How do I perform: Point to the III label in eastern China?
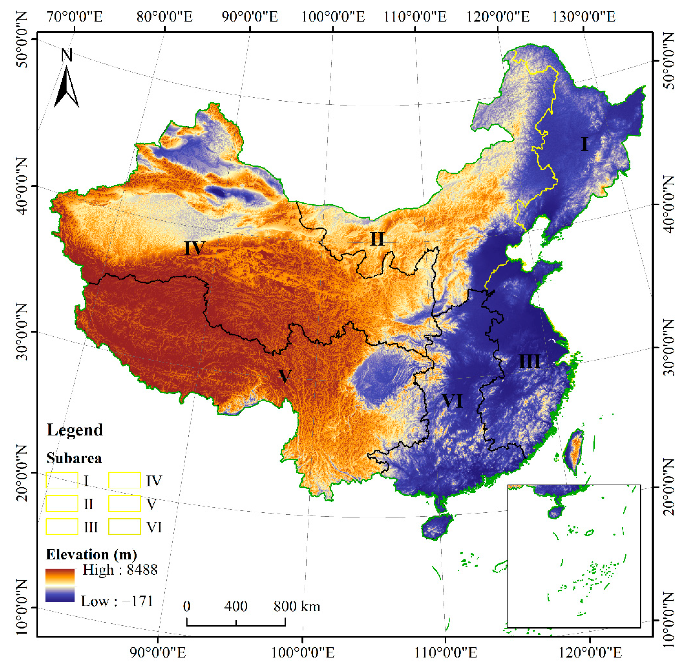529,361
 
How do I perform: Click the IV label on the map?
194,248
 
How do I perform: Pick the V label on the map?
285,376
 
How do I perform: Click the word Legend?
75,430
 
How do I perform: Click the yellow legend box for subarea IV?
124,480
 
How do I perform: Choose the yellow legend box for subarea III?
62,527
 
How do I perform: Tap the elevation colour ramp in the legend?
60,585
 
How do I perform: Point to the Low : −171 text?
117,601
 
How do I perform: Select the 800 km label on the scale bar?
297,606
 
